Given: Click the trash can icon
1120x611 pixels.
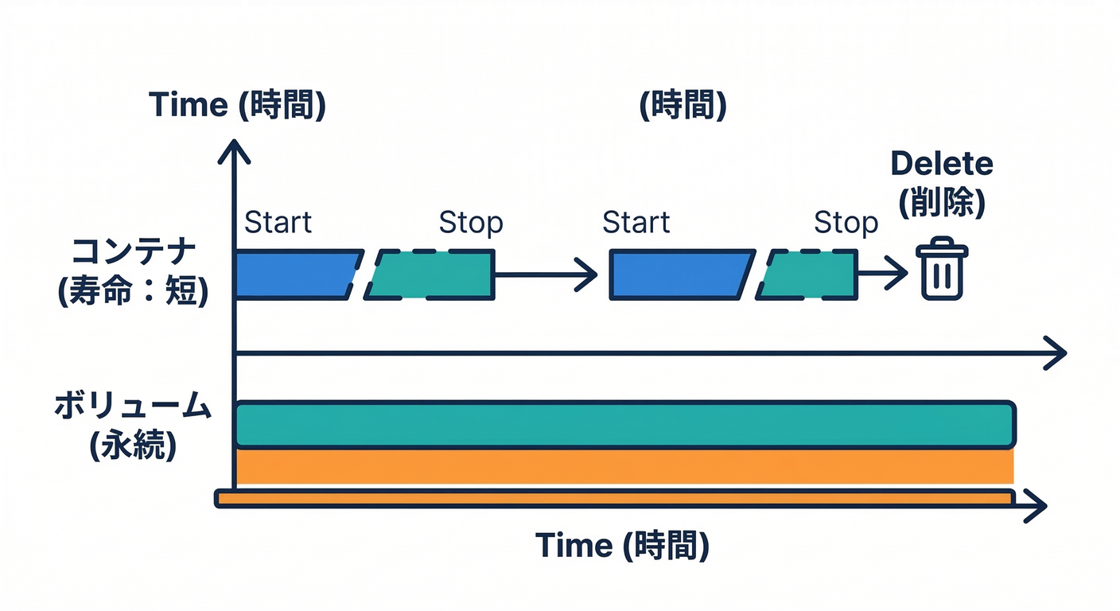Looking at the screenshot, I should pos(943,269).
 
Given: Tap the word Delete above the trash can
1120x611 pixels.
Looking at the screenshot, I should pos(942,164).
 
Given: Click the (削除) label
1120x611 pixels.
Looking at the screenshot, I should pos(942,204).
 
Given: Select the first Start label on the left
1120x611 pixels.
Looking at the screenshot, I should pos(278,223).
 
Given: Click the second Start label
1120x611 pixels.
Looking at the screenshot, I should pos(636,223).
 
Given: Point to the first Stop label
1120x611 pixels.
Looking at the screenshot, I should pos(471,224).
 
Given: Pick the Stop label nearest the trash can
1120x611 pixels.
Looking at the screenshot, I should pos(846,224).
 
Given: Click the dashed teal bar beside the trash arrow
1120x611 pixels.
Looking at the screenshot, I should pos(808,274).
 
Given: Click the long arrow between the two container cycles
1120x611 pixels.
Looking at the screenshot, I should pos(546,274).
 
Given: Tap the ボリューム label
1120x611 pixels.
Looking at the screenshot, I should pos(132,407).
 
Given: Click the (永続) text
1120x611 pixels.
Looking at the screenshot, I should pos(132,446).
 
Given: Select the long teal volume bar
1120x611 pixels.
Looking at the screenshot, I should pos(625,425).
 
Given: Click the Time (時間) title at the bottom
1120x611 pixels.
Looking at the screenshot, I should pos(622,546).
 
